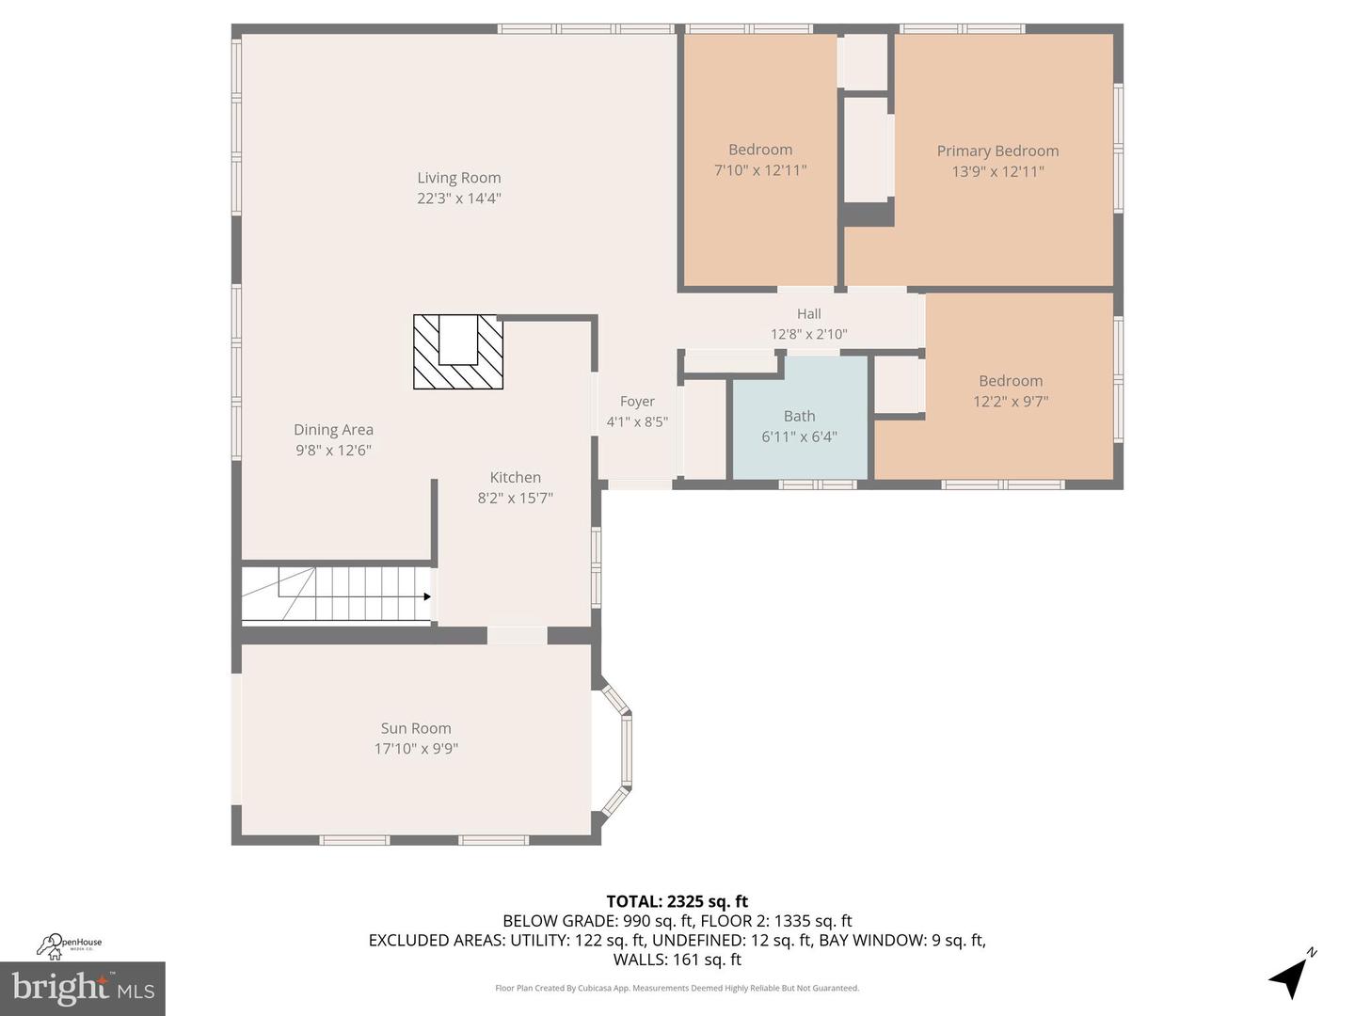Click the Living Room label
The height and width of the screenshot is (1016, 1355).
(x=458, y=178)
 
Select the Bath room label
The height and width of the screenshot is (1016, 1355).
(x=800, y=417)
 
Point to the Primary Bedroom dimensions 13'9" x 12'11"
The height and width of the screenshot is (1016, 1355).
(x=997, y=171)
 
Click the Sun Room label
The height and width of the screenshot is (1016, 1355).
(x=416, y=728)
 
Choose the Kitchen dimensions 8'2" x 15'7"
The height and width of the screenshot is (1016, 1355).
(x=516, y=498)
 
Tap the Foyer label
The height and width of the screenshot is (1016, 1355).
(x=637, y=402)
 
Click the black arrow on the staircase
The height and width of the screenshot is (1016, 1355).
(x=426, y=596)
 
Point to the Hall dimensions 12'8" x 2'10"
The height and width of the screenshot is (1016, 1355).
(x=808, y=334)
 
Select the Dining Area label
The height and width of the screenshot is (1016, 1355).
(x=333, y=429)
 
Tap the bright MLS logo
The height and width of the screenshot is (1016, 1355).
(x=83, y=988)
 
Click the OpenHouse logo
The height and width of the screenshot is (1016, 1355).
(x=68, y=945)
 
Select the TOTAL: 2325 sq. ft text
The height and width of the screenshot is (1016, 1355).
(x=677, y=901)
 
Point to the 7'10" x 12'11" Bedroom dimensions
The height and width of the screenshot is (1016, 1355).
(x=760, y=170)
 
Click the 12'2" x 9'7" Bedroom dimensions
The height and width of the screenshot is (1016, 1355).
(x=1011, y=402)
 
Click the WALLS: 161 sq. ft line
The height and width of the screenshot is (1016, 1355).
(x=677, y=960)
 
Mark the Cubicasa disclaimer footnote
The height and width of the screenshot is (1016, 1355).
(x=677, y=988)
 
